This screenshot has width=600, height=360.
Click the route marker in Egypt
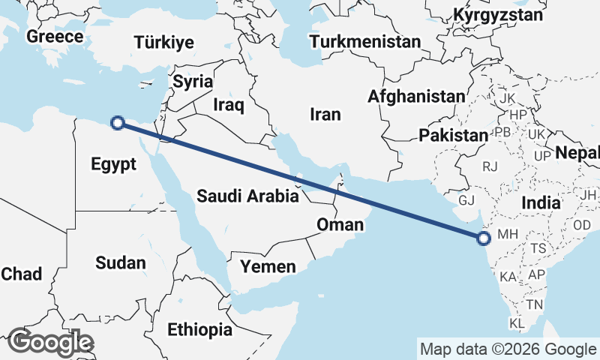(117, 123)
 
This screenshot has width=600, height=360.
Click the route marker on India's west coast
(484, 238)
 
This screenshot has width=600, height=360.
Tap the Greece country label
(54, 37)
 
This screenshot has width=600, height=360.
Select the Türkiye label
(164, 43)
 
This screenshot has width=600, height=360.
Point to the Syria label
(193, 82)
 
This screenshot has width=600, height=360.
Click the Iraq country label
(229, 105)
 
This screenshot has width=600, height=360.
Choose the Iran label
(325, 115)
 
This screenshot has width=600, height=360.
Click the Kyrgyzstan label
(498, 15)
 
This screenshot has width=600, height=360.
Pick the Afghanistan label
(416, 96)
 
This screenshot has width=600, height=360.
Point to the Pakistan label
(454, 136)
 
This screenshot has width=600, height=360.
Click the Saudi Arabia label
(248, 196)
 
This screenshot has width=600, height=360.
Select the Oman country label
(340, 225)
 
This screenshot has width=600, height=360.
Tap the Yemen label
(268, 266)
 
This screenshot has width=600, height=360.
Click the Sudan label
(121, 262)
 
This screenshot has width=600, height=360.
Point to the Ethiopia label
(199, 329)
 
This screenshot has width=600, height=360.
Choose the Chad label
(21, 274)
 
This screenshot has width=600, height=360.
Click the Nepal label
(577, 154)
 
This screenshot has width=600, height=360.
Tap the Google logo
(50, 342)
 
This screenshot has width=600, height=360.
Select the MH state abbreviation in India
(508, 235)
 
